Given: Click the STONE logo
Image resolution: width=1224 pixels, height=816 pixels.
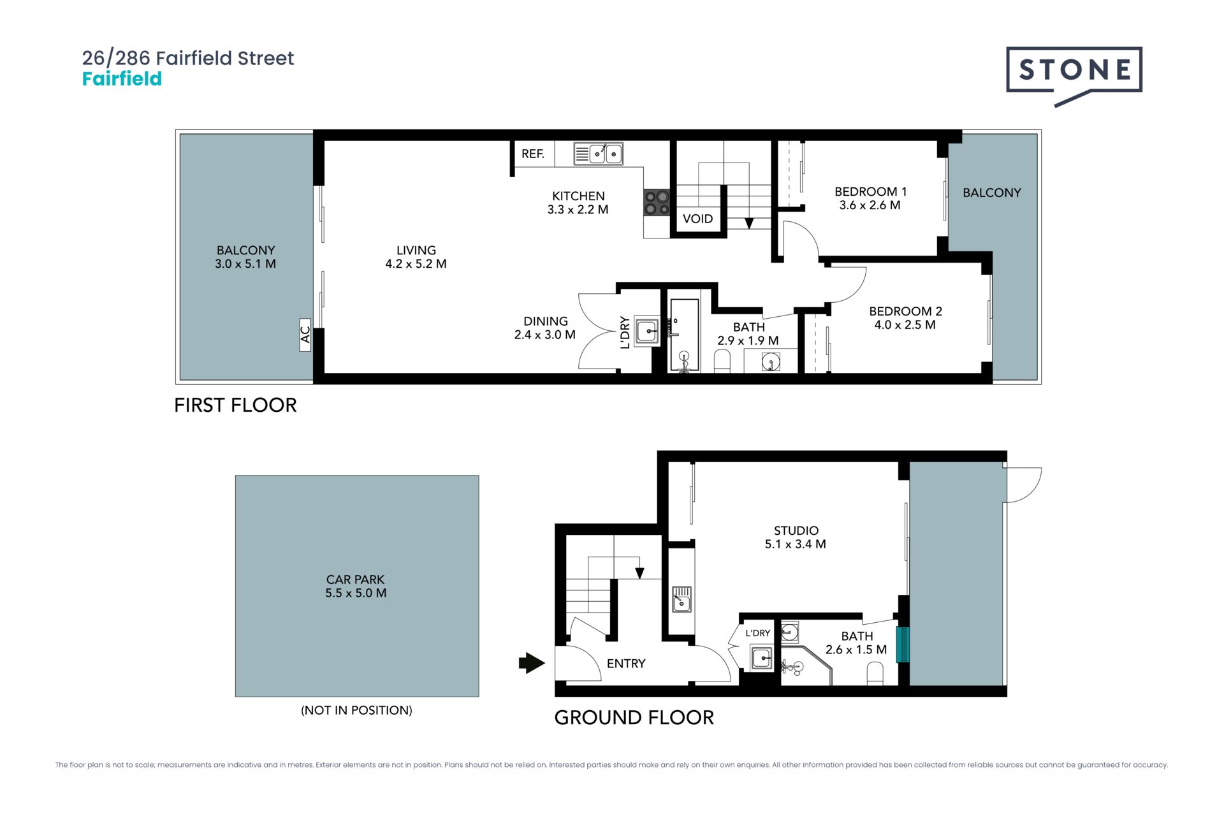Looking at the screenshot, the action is pos(1074,75).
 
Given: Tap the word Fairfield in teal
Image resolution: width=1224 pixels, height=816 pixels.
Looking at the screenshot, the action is pos(122,79).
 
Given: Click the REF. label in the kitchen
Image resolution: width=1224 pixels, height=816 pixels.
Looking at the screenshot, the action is pos(533,154).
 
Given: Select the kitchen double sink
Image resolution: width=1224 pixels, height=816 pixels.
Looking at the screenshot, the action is pos(598,154).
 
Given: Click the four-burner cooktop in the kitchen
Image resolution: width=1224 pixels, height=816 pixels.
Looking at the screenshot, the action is pos(657,202).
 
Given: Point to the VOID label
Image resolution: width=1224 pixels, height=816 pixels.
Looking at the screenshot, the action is pos(697,219).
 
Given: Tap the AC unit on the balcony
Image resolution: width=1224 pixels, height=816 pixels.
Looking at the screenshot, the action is pos(305,335).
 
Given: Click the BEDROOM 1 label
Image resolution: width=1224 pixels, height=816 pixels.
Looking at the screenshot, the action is pos(870,192).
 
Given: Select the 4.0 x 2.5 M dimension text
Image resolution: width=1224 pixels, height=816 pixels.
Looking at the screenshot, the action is pos(905,325).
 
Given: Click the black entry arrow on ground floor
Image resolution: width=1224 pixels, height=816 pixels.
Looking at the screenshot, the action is pos(532,663).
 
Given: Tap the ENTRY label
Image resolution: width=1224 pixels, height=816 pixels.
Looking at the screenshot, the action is pos(626,664).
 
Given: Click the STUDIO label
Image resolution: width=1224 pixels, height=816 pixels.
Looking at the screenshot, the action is pos(796,530).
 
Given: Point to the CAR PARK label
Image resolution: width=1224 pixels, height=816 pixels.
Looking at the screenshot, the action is pos(356,579).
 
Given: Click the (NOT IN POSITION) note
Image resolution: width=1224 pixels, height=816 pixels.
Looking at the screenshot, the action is pos(356,710).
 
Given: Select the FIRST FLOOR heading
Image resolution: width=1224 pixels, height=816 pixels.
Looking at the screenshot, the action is pos(235,405).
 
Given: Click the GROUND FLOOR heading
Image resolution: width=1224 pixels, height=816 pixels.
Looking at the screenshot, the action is pos(634,718).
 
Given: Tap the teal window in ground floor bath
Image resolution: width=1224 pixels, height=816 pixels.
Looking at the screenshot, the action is pos(903,645).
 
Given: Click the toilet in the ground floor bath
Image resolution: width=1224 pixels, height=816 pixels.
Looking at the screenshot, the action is pos(875,674).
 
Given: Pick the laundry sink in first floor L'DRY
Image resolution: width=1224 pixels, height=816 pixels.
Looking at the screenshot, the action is pos(647,331).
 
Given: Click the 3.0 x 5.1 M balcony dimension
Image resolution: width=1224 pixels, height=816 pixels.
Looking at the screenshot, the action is pos(245,264).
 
